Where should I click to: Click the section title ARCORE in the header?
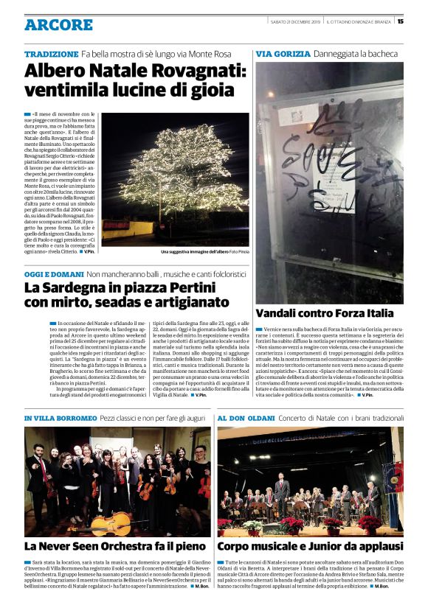(x=58, y=25)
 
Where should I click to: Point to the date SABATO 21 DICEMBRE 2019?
(x=294, y=21)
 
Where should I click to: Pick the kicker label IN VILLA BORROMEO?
(x=61, y=419)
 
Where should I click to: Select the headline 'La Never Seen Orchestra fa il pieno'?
(x=116, y=546)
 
